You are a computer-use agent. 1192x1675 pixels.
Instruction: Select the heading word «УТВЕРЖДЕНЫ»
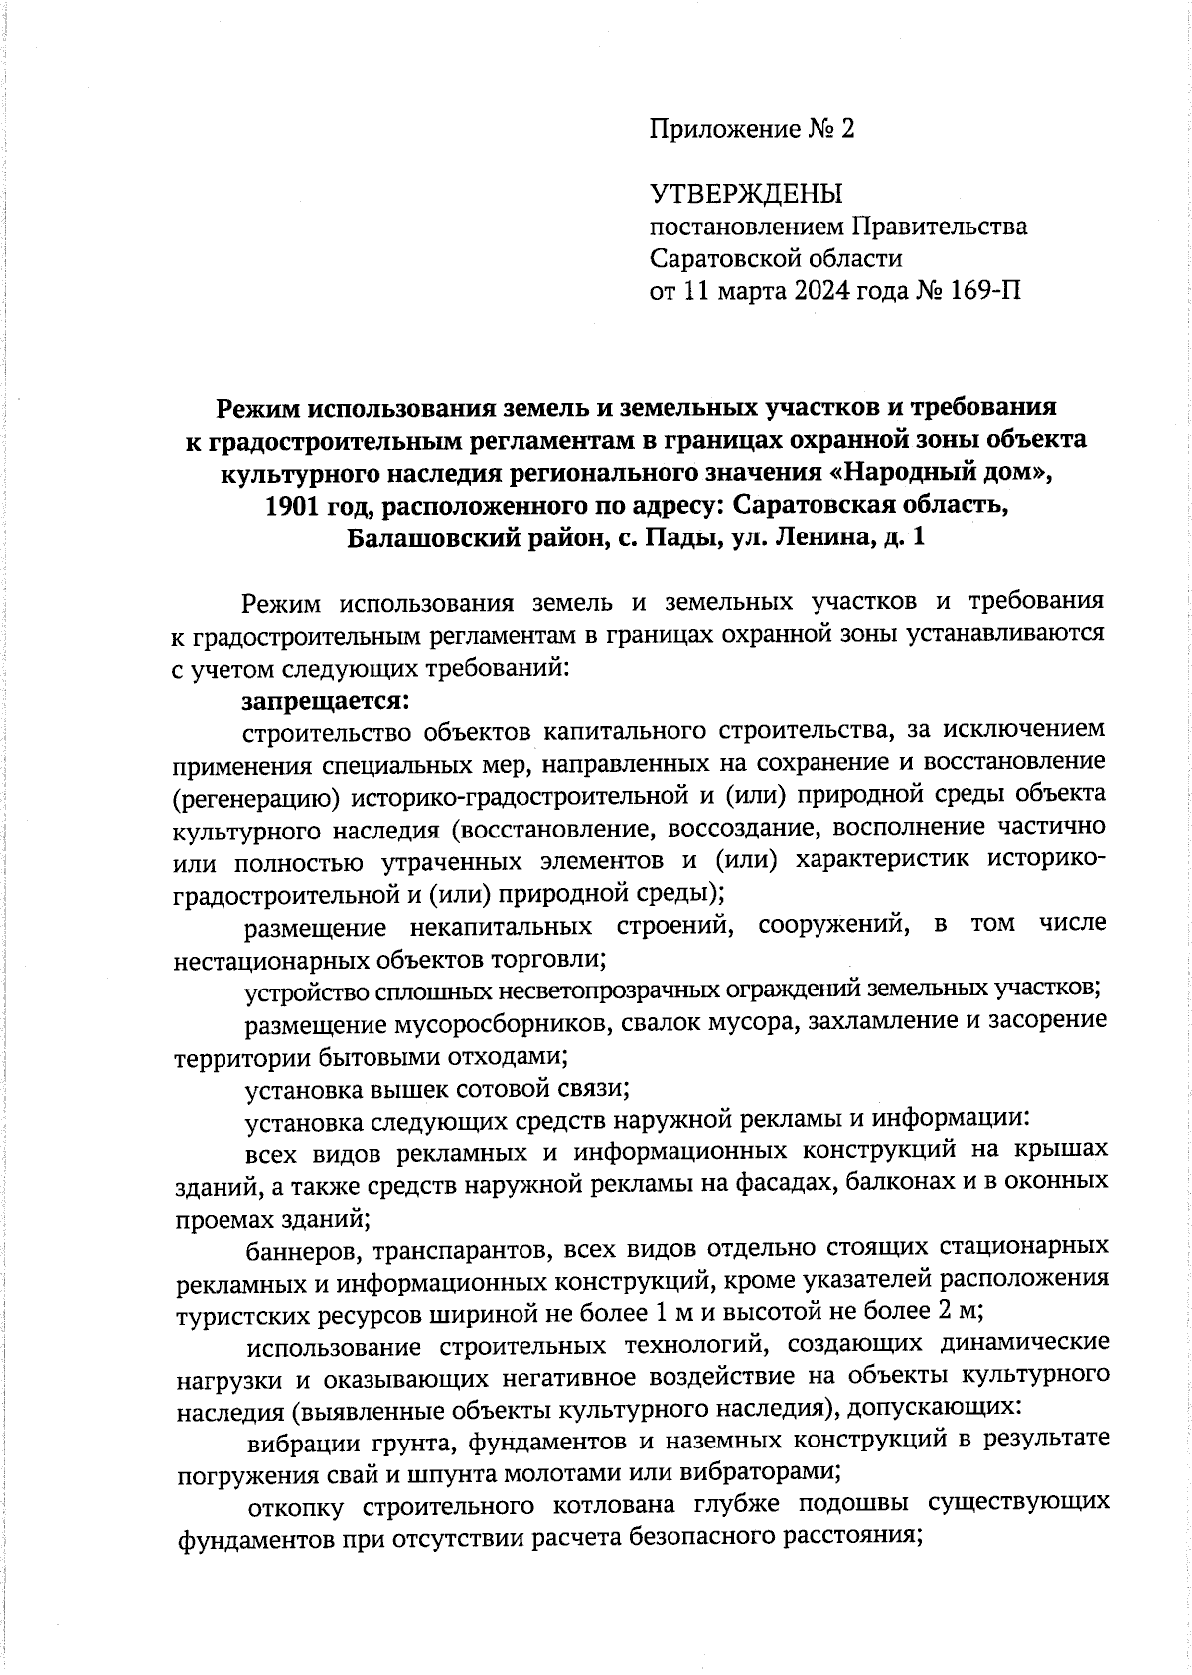click(x=745, y=193)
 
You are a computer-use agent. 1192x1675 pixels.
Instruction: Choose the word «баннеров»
click(x=301, y=1248)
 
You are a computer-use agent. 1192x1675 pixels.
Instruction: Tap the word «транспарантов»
click(x=456, y=1248)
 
